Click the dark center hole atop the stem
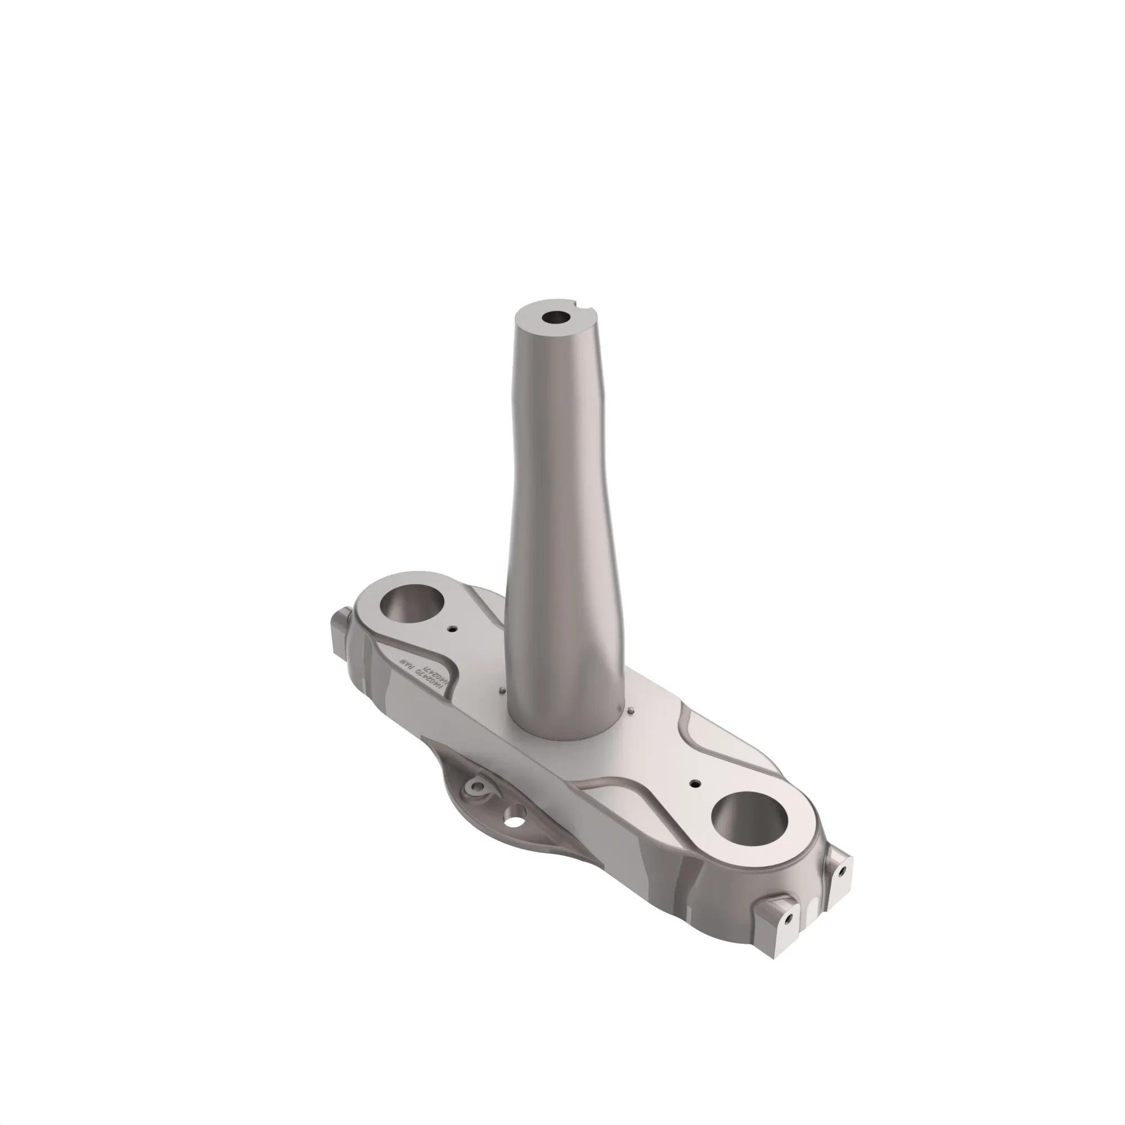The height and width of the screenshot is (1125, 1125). click(x=556, y=318)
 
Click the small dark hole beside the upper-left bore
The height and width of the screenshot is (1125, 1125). click(x=452, y=629)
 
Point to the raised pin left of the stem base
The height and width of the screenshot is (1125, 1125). click(x=501, y=691)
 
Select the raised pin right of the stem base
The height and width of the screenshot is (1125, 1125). click(x=632, y=710)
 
